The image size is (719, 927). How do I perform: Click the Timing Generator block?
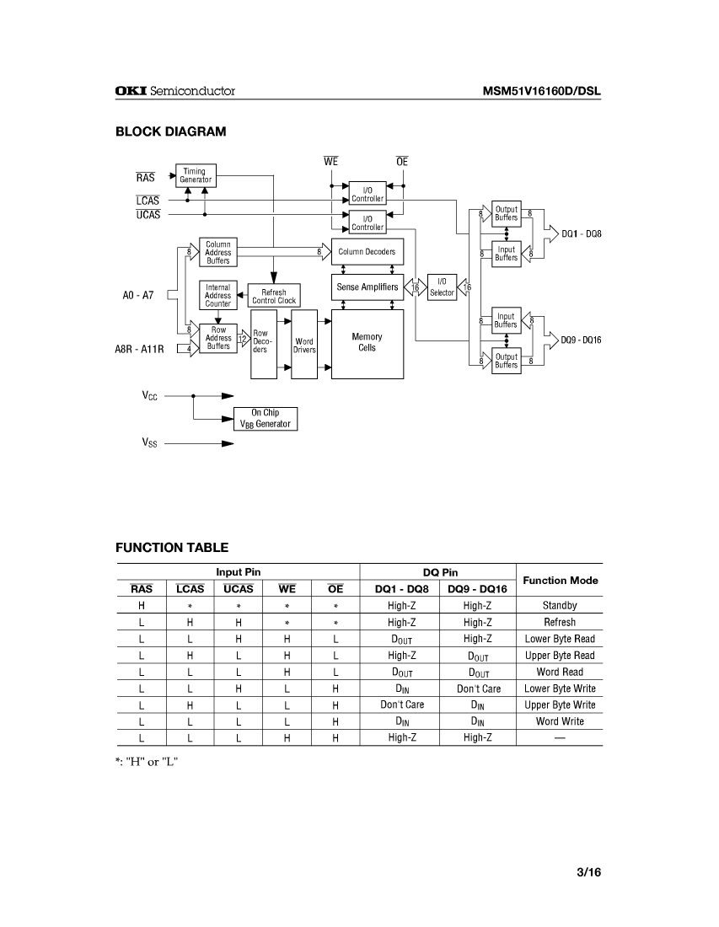195,175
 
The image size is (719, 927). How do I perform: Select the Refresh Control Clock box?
274,296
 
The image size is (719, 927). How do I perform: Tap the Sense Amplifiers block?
368,287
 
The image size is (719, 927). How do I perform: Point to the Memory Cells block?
367,342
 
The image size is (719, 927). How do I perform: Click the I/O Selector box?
442,287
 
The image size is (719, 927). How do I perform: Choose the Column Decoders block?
368,251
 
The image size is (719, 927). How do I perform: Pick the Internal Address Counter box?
217,296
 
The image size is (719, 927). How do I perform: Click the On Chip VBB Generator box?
266,418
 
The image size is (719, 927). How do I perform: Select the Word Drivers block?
304,345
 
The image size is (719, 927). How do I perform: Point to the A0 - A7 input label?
138,296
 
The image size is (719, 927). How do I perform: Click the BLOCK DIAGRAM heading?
170,131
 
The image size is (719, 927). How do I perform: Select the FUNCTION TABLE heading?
172,548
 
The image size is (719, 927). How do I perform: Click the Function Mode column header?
561,580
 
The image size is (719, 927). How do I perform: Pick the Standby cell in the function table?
560,605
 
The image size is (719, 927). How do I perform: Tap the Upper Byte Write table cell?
560,705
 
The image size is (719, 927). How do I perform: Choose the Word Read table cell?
560,672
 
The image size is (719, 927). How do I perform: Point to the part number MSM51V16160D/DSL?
541,91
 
